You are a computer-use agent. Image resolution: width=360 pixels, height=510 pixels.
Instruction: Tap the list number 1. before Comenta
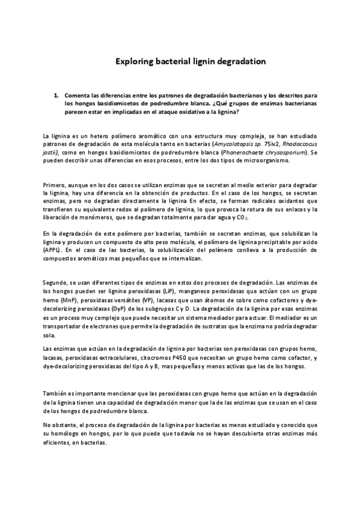56,95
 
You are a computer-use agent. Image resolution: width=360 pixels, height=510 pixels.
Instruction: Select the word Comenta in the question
78,95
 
